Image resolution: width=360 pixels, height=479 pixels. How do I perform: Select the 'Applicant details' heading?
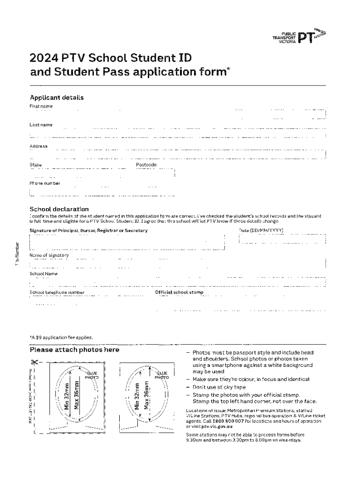[x=57, y=98]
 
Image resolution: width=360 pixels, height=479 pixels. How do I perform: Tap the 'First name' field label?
[x=41, y=106]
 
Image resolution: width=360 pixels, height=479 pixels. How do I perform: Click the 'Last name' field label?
[x=41, y=125]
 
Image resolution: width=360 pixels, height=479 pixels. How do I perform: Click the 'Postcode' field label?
[x=146, y=165]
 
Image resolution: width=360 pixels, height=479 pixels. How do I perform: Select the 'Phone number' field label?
[x=45, y=183]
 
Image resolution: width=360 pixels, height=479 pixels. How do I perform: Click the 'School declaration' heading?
[x=59, y=209]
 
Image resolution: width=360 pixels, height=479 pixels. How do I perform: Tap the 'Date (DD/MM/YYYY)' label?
[x=261, y=231]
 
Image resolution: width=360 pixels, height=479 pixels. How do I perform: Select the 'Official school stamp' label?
[x=179, y=292]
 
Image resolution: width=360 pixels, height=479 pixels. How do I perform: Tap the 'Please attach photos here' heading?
[x=75, y=350]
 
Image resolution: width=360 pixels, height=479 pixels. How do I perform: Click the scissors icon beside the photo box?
[x=35, y=362]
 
